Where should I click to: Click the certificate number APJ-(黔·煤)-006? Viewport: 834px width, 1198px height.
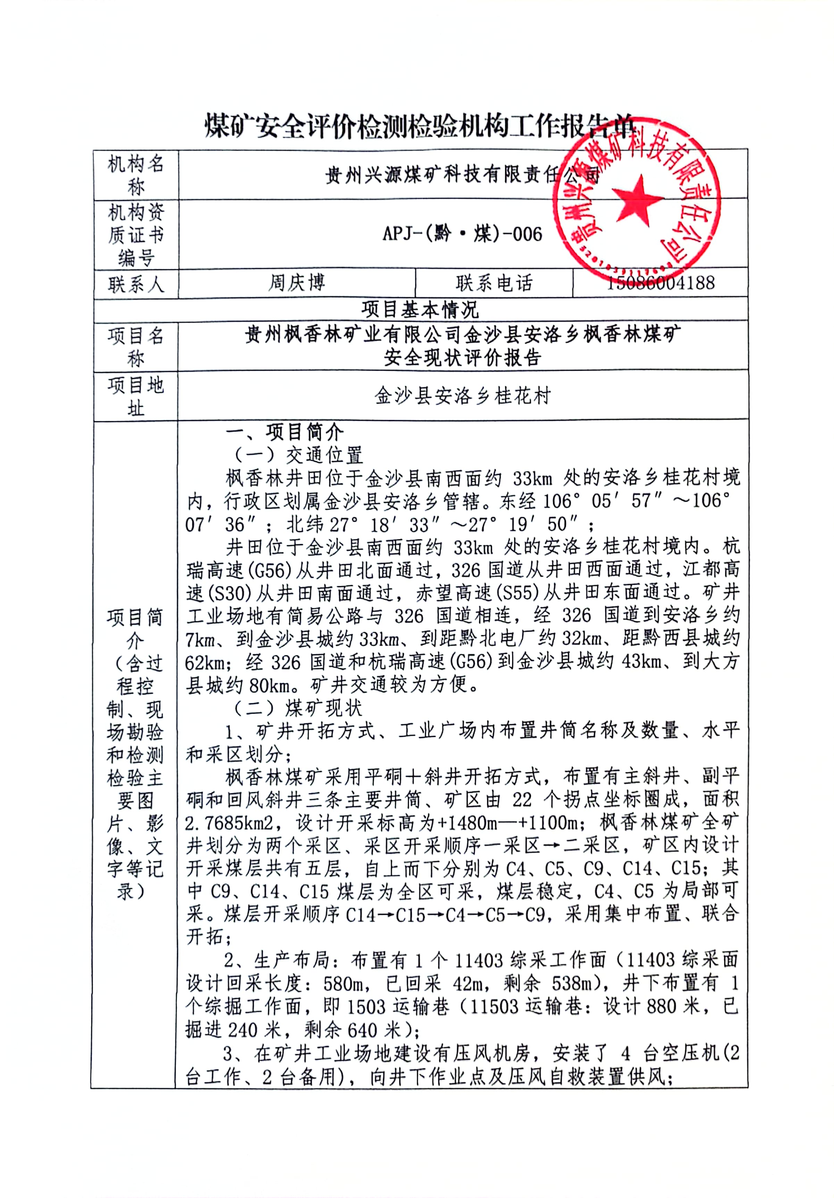pos(462,234)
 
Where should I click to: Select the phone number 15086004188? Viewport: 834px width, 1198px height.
pos(660,283)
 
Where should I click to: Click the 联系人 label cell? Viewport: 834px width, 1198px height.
pos(136,284)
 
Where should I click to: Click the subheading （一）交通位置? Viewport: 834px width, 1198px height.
pos(297,455)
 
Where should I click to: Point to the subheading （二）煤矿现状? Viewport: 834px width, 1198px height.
pos(297,708)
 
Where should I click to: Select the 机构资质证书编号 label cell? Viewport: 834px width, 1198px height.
pos(136,234)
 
